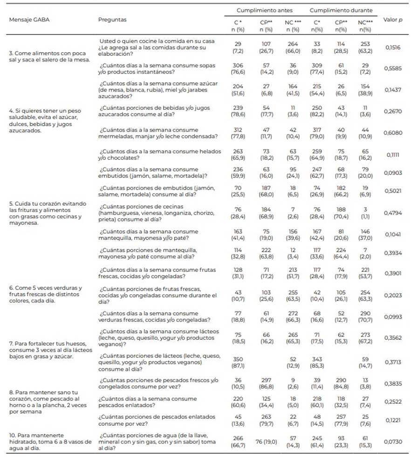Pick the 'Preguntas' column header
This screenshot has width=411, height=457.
click(112, 20)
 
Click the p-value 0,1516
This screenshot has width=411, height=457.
click(393, 47)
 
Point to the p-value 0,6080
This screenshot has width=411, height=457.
click(393, 132)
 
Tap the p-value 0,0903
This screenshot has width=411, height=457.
click(393, 173)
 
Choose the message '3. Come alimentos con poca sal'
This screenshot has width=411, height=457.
click(47, 56)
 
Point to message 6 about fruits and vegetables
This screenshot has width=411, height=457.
click(47, 294)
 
